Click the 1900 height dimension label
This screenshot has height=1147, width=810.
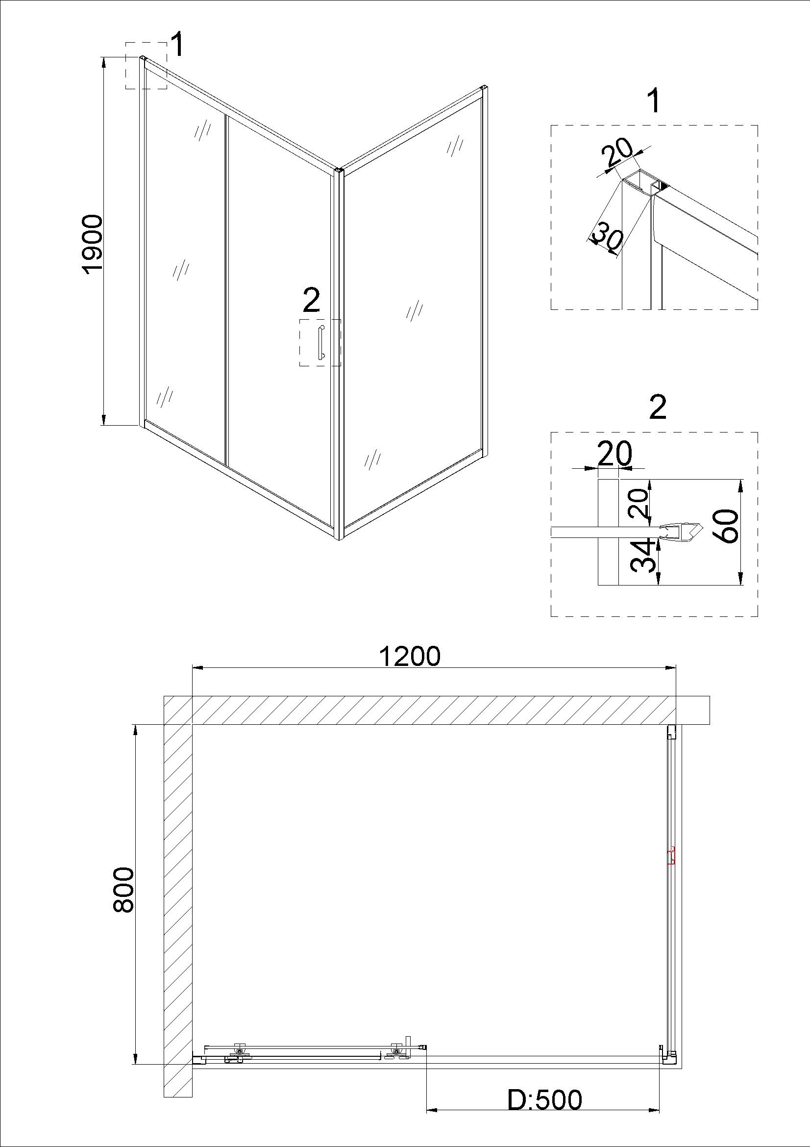pyautogui.click(x=93, y=244)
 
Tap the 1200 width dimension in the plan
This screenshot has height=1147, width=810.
pyautogui.click(x=410, y=656)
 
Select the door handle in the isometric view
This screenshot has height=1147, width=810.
pyautogui.click(x=320, y=342)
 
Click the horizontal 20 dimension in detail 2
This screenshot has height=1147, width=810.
pyautogui.click(x=614, y=453)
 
